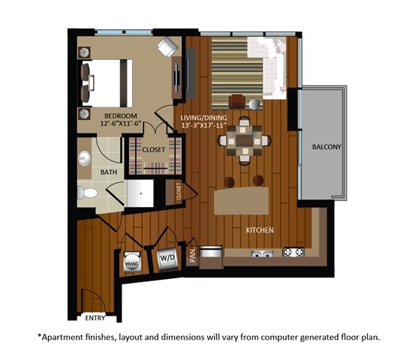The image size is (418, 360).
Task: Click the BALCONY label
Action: pyautogui.click(x=327, y=147)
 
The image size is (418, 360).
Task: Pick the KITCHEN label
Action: pyautogui.click(x=260, y=229)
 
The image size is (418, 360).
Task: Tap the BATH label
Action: pyautogui.click(x=109, y=172)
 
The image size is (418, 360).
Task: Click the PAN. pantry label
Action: pyautogui.click(x=193, y=255)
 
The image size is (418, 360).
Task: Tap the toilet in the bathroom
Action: pyautogui.click(x=89, y=193)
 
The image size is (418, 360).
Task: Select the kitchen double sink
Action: pyautogui.click(x=262, y=253)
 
